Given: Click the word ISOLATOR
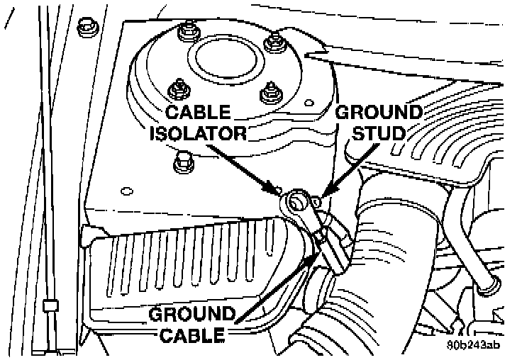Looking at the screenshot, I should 197,133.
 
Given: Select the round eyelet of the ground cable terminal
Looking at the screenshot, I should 296,204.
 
